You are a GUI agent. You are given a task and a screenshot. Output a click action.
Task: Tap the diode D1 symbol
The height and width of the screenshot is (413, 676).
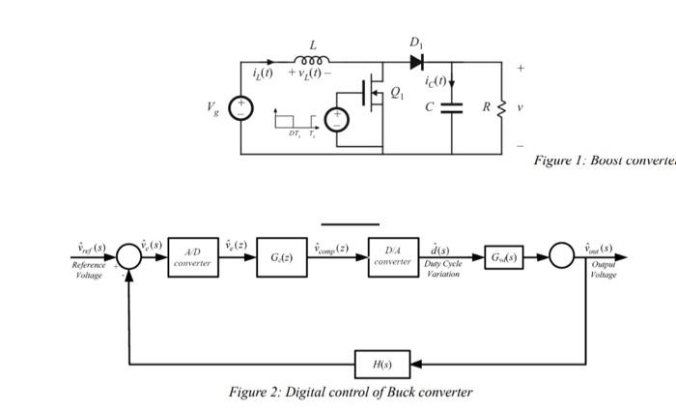pyautogui.click(x=416, y=62)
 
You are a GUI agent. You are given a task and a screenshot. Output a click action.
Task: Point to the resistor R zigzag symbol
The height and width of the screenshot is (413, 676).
pyautogui.click(x=501, y=107)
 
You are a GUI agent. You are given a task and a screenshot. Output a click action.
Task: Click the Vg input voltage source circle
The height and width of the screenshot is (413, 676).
pyautogui.click(x=241, y=108)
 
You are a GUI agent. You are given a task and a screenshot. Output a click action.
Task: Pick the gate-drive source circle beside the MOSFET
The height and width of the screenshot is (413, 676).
pyautogui.click(x=337, y=120)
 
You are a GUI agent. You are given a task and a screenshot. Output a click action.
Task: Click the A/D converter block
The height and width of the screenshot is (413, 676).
pyautogui.click(x=192, y=258)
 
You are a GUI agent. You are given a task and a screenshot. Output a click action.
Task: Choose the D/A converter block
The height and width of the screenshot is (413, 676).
pyautogui.click(x=393, y=258)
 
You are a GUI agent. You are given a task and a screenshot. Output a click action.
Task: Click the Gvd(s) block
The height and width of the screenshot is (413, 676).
pyautogui.click(x=503, y=258)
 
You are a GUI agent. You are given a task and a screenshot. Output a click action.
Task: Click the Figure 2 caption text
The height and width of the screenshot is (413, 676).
pyautogui.click(x=351, y=392)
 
